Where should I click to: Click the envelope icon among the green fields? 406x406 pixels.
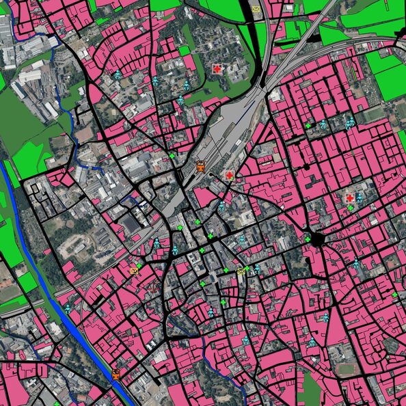click(256, 9)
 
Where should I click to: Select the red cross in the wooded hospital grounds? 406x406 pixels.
click(217, 69)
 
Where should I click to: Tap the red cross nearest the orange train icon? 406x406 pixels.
click(230, 176)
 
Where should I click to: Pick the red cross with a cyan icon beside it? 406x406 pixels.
click(350, 198)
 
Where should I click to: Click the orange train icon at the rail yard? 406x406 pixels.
click(200, 165)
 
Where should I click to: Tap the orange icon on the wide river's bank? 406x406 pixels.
click(116, 373)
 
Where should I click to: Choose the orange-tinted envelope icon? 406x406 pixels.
click(134, 271)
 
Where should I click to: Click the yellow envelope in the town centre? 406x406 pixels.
click(241, 271)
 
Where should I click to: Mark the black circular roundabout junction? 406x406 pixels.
click(318, 239)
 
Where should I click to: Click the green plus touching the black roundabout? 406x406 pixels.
click(308, 239)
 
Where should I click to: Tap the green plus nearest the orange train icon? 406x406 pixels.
click(173, 156)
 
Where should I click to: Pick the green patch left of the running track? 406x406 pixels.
click(312, 386)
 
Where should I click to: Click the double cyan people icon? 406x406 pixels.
click(350, 124)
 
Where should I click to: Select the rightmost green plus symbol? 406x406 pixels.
click(395, 295)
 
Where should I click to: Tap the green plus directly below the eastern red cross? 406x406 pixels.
click(351, 208)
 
